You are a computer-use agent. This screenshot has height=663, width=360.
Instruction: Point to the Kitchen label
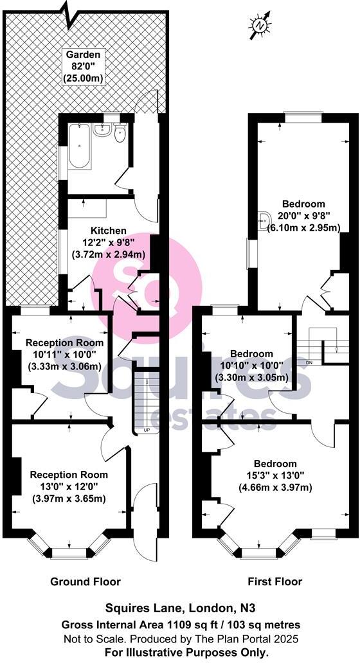pyautogui.click(x=108, y=230)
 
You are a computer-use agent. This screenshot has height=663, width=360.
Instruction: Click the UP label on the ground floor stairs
pyautogui.click(x=146, y=430)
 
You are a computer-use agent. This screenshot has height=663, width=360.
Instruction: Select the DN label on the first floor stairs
pyautogui.click(x=309, y=363)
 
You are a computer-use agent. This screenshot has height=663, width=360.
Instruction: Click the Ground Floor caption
pyautogui.click(x=85, y=582)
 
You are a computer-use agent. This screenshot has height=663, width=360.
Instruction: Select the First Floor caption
pyautogui.click(x=274, y=582)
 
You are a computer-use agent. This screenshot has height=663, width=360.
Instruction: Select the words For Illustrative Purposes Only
pyautogui.click(x=179, y=651)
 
